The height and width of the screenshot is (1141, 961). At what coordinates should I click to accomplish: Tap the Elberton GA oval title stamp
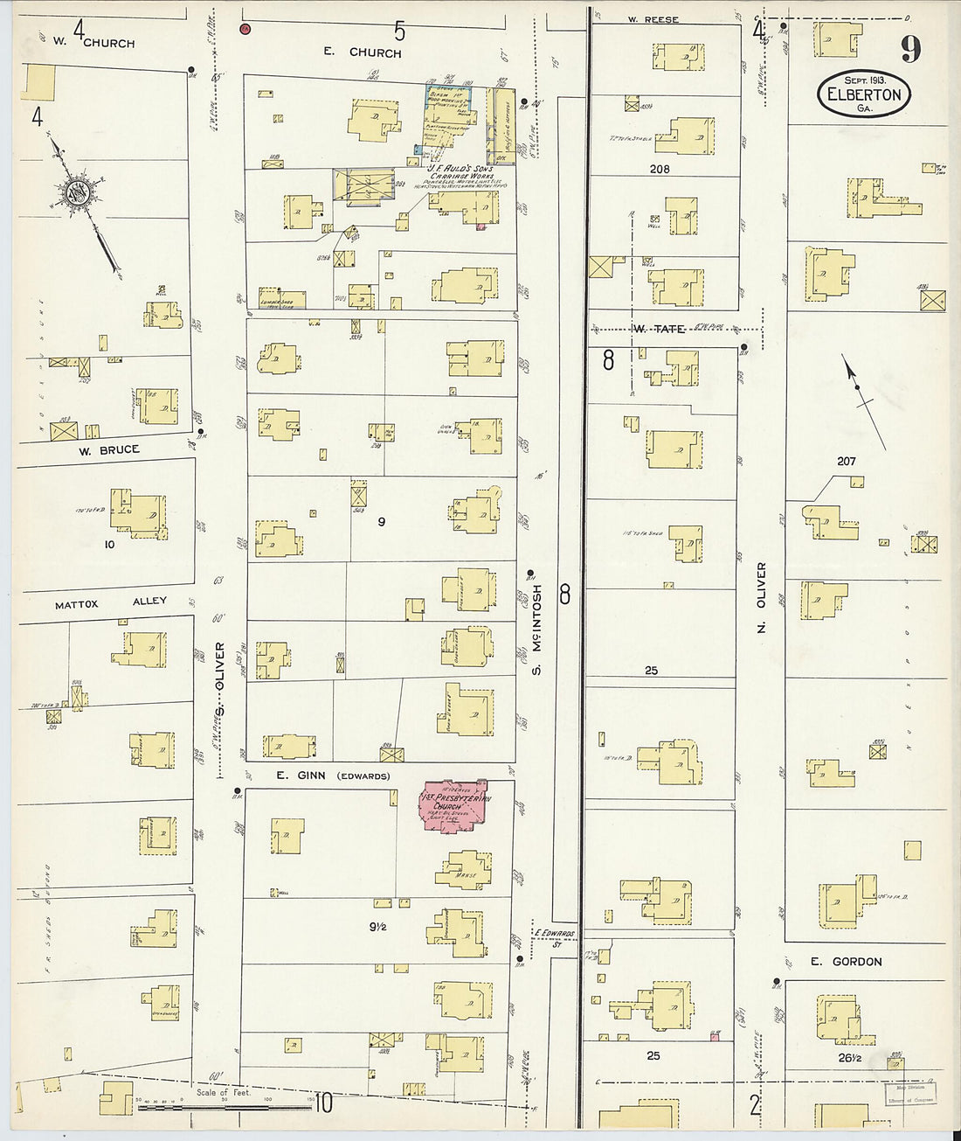(x=864, y=94)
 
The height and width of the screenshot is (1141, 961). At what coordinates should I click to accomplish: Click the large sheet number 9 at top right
(x=910, y=49)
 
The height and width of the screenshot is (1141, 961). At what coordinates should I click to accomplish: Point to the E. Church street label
(x=363, y=52)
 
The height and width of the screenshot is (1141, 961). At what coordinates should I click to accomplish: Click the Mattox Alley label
(x=110, y=603)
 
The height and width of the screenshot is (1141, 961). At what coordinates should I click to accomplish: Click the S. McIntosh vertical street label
(x=537, y=630)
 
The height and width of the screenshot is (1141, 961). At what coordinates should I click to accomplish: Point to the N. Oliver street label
(x=761, y=597)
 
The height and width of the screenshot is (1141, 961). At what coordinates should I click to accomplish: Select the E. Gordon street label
(x=845, y=961)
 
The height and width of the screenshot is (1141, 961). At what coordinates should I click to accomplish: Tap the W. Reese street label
(x=653, y=19)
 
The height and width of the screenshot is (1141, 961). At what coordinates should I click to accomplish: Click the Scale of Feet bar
(x=224, y=1107)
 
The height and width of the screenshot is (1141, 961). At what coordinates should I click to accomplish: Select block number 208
(x=660, y=169)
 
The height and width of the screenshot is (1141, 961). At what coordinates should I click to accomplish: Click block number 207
(x=846, y=461)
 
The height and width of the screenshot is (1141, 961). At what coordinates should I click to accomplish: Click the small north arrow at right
(x=858, y=385)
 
